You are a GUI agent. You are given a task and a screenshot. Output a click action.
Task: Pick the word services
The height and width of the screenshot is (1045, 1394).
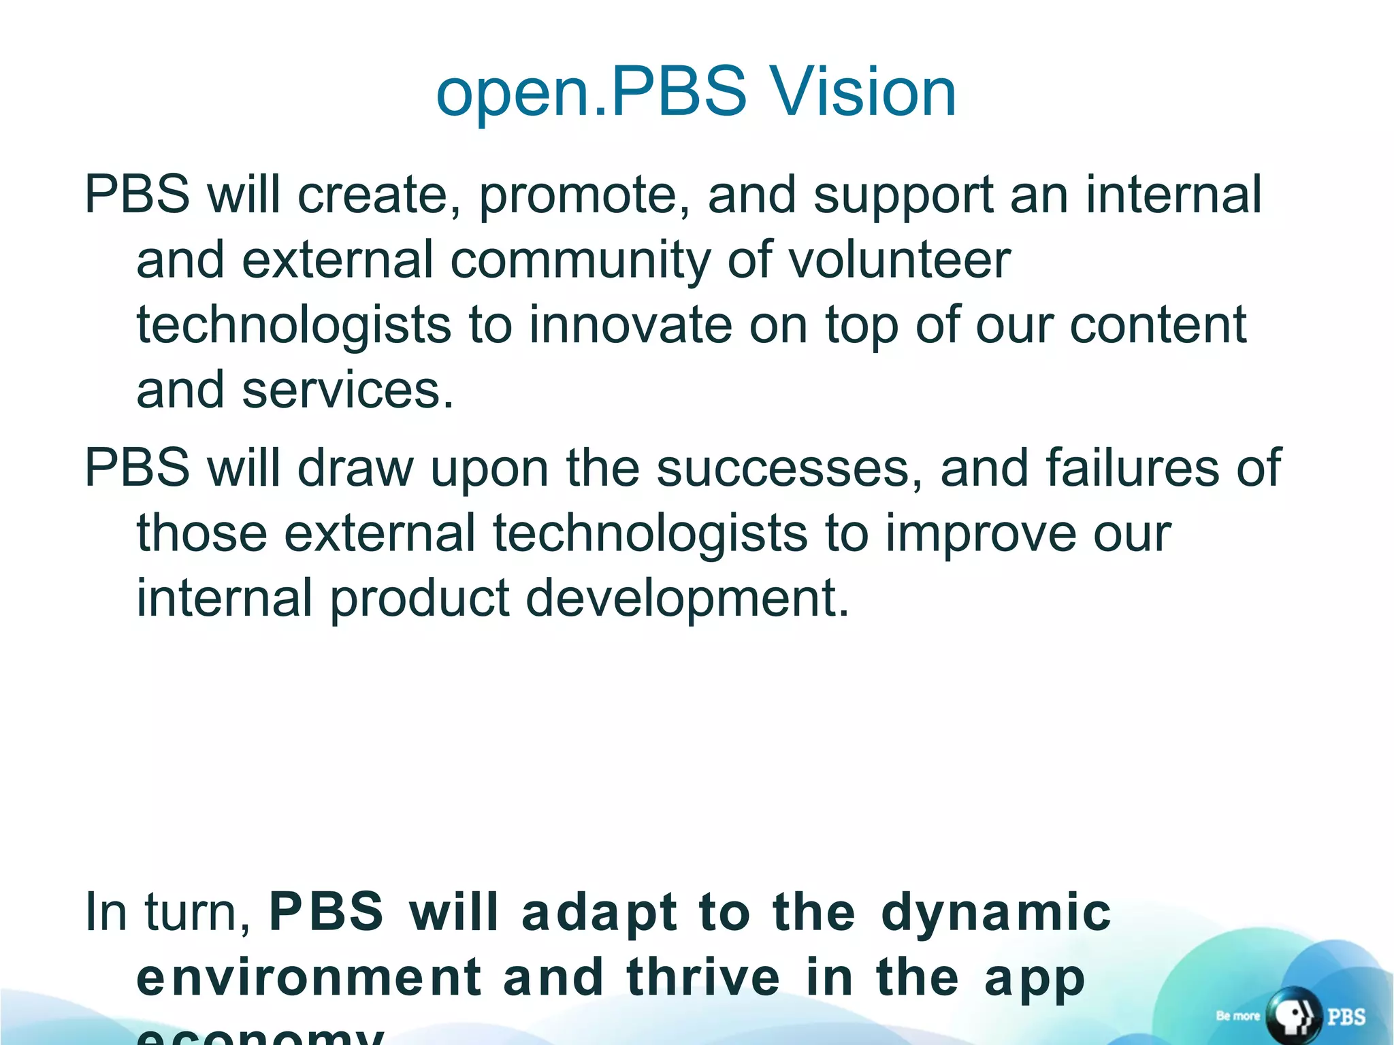(347, 391)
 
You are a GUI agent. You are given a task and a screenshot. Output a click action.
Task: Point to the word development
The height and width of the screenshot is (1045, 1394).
(687, 599)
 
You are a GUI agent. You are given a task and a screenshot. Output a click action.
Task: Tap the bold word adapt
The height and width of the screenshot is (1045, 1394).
(599, 913)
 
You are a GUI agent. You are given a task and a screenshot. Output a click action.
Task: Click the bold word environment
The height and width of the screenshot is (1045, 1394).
(310, 978)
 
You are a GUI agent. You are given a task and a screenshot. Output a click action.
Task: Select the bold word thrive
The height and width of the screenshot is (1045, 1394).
(703, 978)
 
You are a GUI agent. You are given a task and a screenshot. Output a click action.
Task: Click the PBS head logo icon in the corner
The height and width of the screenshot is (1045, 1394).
(1293, 1016)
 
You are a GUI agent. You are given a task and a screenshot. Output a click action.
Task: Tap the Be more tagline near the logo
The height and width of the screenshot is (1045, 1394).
(1237, 1016)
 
